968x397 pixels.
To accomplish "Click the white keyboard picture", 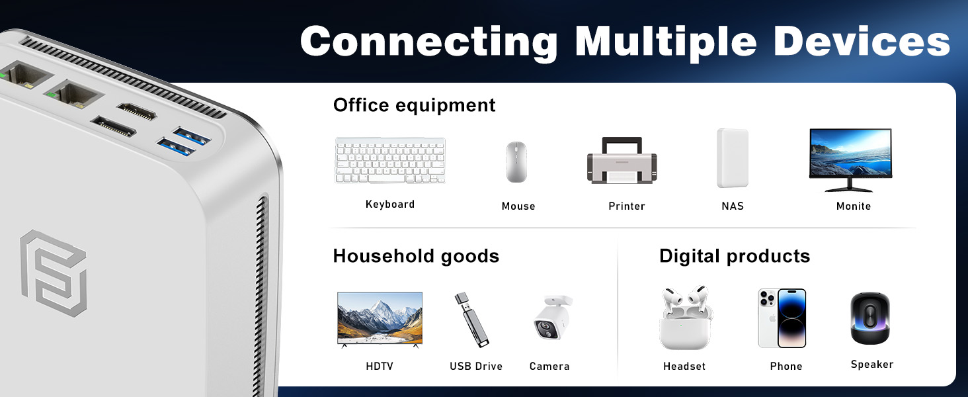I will (390, 160).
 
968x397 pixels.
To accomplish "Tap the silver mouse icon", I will (516, 161).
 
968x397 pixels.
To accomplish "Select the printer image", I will (622, 161).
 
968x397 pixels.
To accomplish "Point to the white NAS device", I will (733, 158).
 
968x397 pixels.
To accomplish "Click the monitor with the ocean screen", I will (850, 159).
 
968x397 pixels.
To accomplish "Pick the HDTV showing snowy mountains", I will (380, 320).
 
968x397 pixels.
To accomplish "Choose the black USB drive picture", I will (471, 320).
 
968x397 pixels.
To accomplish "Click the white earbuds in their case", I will (685, 318).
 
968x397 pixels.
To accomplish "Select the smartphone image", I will (782, 318).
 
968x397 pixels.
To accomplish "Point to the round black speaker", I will (869, 318).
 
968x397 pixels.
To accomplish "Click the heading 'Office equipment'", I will (414, 105).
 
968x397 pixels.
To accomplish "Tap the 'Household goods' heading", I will (416, 256).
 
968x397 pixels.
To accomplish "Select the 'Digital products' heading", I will (734, 256).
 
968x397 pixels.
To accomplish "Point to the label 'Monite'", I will (853, 206).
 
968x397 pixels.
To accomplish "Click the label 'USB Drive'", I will (476, 367).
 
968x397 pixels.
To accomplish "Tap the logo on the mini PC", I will (52, 272).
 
